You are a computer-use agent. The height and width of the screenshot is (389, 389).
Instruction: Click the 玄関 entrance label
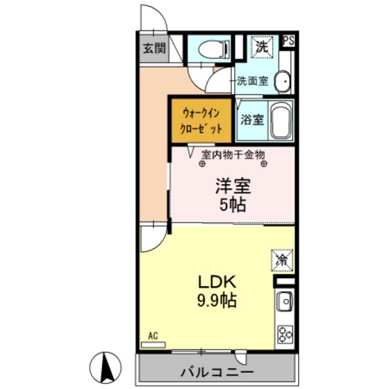coord(154,49)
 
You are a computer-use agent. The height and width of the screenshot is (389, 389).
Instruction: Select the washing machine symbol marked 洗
coord(263,47)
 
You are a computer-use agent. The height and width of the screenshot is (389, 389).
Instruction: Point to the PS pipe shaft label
coord(288,40)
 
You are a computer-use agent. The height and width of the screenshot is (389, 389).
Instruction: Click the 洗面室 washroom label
coord(251,81)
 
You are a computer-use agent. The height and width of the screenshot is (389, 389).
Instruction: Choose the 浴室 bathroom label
coord(251,119)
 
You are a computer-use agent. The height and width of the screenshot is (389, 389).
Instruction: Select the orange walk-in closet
coord(201,120)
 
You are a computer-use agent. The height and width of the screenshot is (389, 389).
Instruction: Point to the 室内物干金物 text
coord(233,155)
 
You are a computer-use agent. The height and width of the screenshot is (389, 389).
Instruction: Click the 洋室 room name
coord(232,186)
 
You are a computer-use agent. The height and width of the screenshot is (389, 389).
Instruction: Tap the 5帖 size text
coord(232,206)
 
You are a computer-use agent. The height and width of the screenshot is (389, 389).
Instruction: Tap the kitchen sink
coord(284,302)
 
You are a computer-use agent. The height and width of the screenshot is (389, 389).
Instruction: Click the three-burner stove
coord(285,334)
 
